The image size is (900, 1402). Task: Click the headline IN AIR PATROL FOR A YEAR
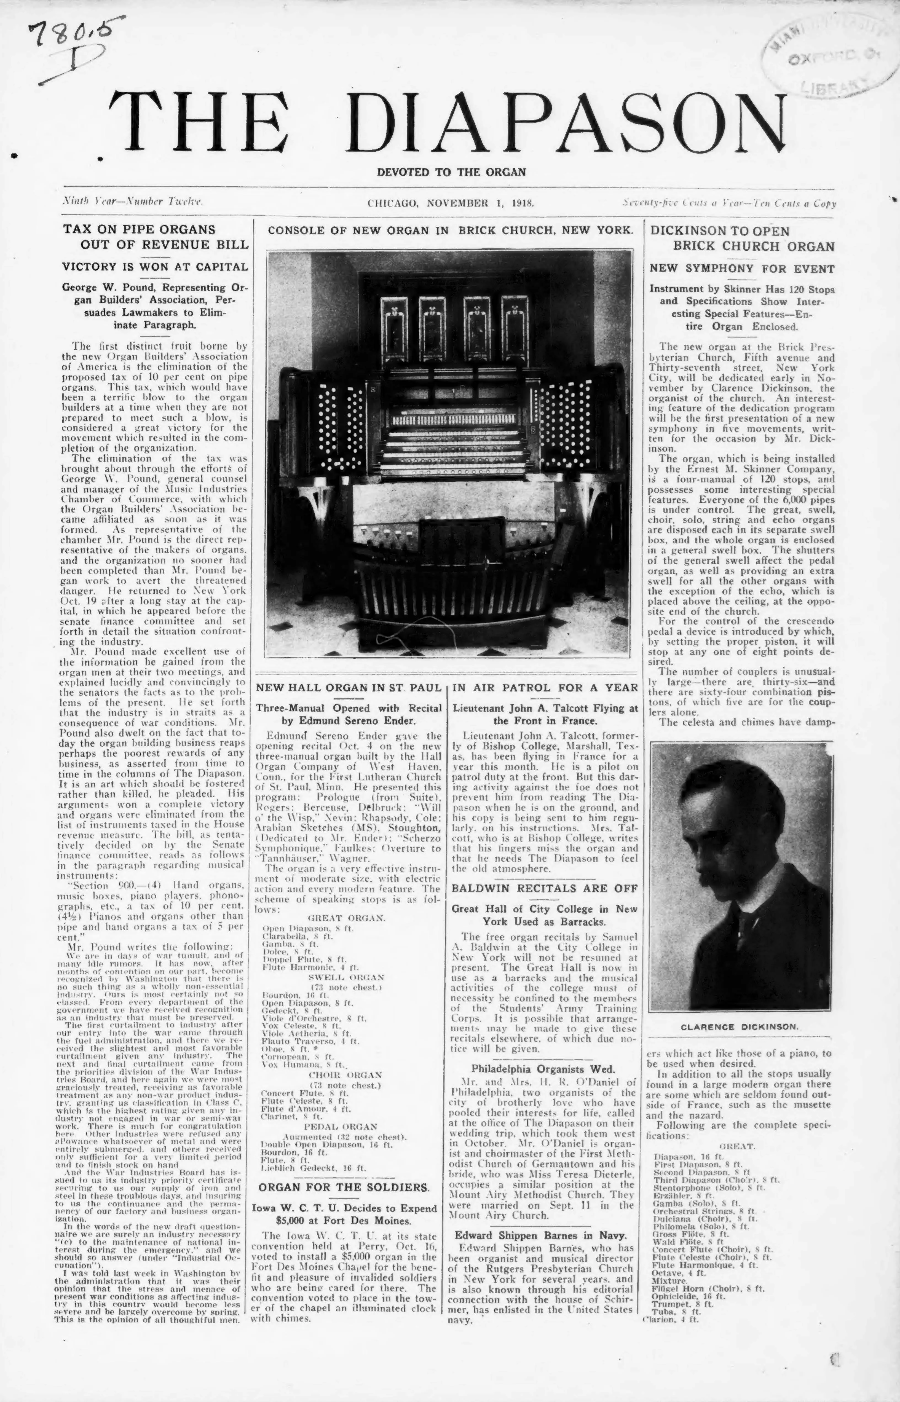(x=545, y=688)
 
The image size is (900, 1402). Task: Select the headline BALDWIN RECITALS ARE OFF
(x=545, y=888)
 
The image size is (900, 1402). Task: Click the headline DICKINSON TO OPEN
(x=720, y=231)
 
